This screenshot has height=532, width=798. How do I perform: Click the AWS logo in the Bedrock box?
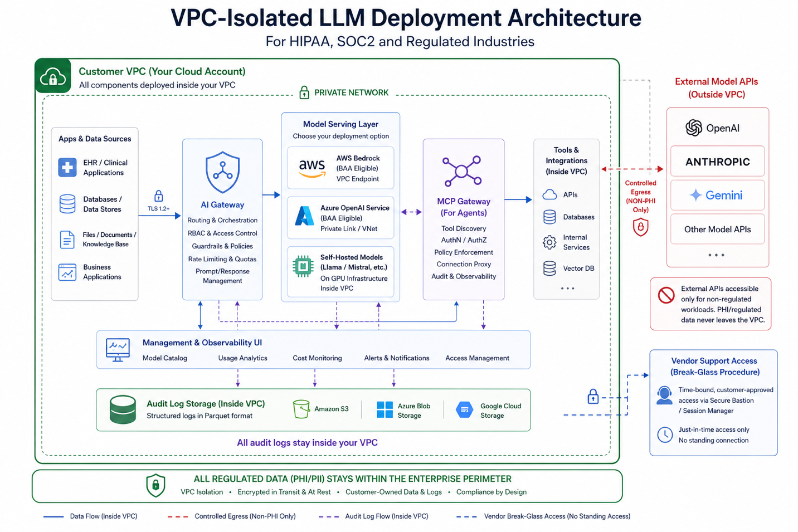point(312,167)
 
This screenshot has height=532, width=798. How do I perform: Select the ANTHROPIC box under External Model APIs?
point(717,162)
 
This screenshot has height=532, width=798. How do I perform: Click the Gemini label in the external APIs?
point(723,196)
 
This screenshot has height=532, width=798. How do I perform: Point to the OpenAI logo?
point(694,128)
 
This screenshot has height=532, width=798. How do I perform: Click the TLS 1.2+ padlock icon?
point(159,196)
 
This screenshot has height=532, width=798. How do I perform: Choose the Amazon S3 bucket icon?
point(301,409)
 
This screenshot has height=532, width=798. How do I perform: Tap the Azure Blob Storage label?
point(413,411)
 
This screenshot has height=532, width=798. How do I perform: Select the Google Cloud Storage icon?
point(464,410)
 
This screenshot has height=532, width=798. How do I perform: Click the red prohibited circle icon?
point(666,295)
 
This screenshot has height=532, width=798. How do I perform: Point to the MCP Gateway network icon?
point(462,171)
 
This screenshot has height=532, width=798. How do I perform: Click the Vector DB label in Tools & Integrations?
point(578,269)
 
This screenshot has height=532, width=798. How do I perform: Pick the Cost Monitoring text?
point(317,358)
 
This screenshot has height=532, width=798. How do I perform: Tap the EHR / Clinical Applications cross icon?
point(67,167)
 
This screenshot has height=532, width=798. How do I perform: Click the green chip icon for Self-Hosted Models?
point(303,267)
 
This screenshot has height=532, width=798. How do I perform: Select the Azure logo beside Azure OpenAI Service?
point(304,216)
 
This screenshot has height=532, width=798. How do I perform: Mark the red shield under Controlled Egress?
point(641,227)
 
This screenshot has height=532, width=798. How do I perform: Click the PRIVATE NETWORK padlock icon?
point(304,92)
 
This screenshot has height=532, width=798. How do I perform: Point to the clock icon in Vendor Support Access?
point(665,435)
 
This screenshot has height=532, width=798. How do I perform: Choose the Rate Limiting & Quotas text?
point(222,259)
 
